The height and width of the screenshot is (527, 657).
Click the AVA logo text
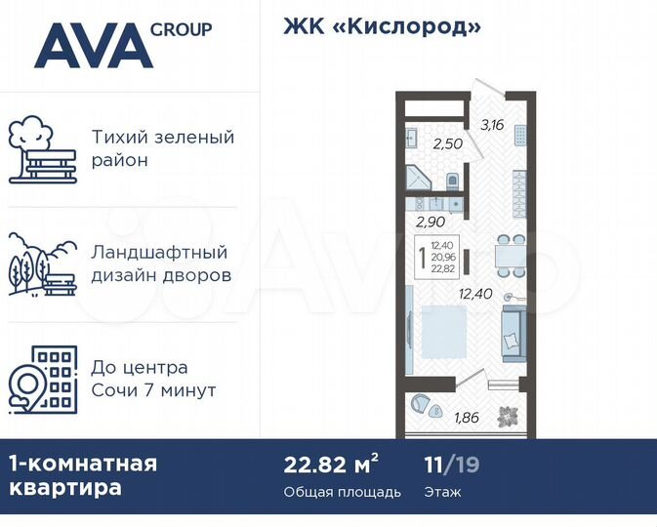click(x=93, y=47)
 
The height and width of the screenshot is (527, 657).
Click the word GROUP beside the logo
click(x=181, y=29)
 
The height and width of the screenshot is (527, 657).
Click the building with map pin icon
click(x=42, y=379)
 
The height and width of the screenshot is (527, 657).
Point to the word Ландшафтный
click(x=159, y=253)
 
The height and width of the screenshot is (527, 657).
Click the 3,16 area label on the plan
click(x=491, y=124)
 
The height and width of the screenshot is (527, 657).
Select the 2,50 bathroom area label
click(x=447, y=143)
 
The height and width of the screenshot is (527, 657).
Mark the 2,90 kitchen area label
click(x=431, y=222)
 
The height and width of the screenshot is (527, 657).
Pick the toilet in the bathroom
click(x=452, y=181)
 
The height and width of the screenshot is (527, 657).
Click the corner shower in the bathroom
click(x=416, y=180)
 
